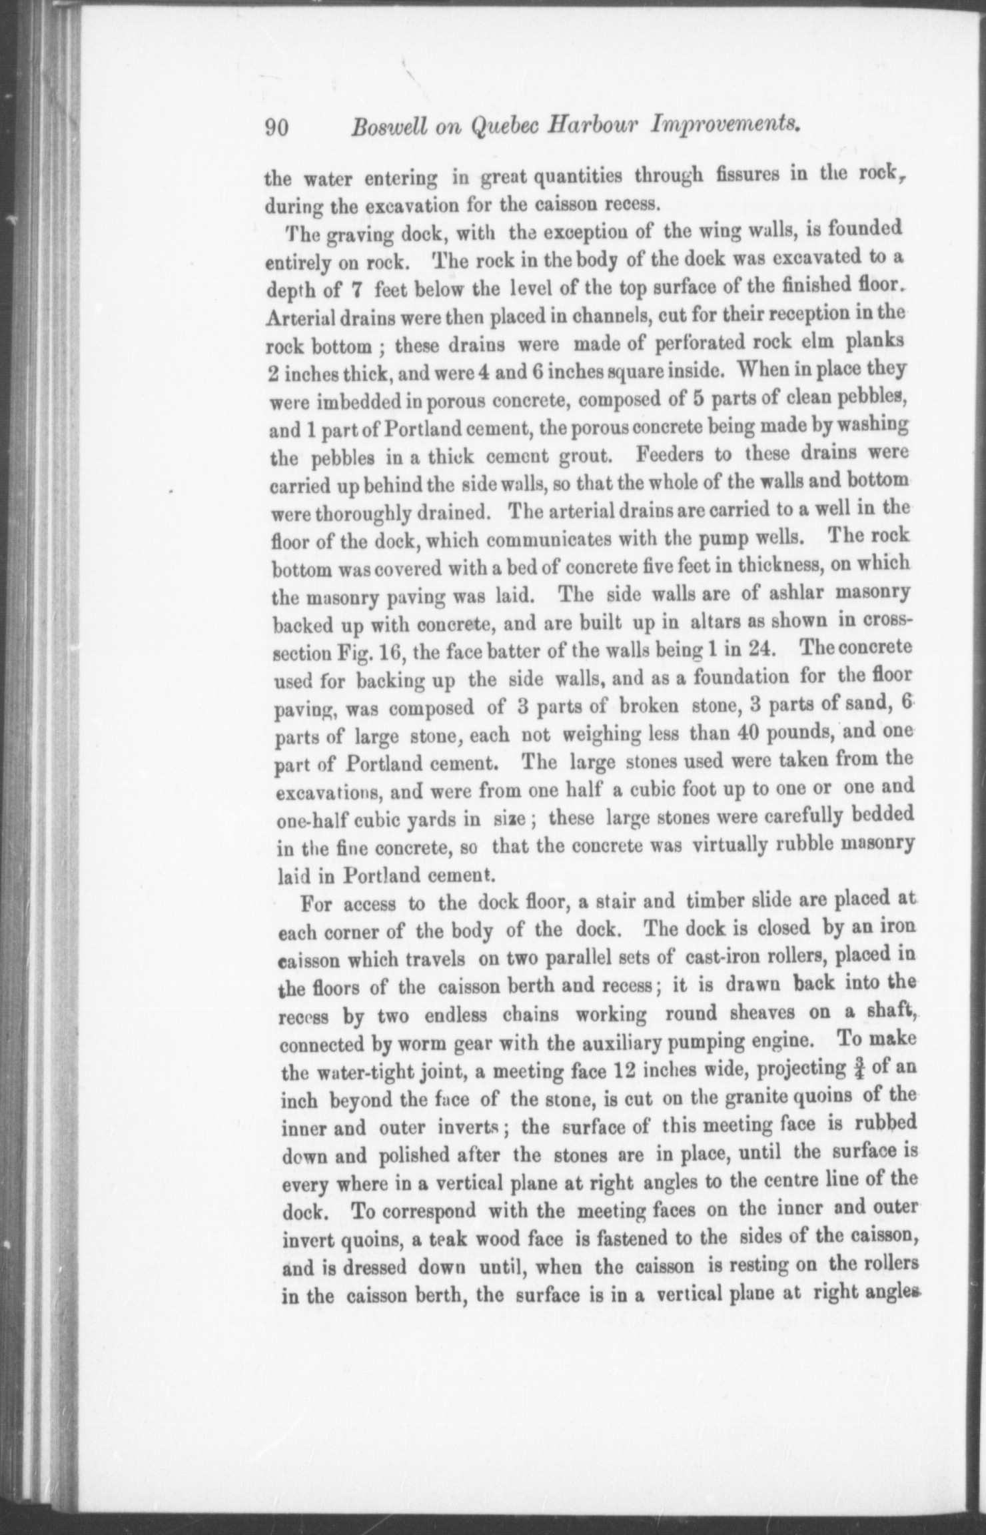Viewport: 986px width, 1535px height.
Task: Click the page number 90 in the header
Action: pos(276,127)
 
